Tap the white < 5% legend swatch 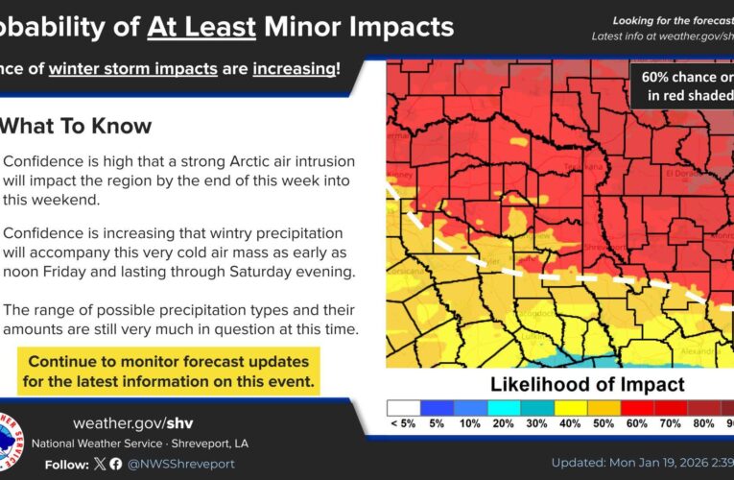pyautogui.click(x=403, y=408)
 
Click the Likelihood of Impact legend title pyautogui.click(x=587, y=385)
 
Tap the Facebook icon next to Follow pyautogui.click(x=115, y=464)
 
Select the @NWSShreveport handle pyautogui.click(x=179, y=464)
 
